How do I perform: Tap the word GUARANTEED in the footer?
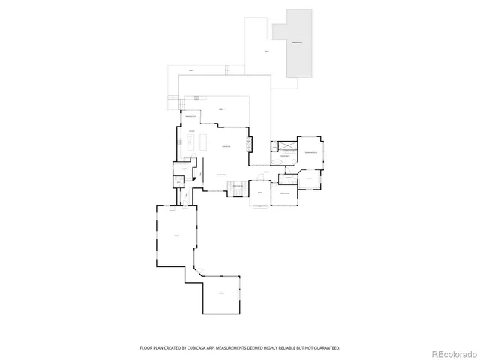click(325, 348)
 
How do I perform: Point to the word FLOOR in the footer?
click(147, 348)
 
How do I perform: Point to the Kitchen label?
click(192, 132)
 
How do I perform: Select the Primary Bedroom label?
click(310, 151)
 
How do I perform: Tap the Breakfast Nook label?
click(190, 117)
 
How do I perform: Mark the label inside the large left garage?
click(176, 235)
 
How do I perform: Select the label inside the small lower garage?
click(221, 292)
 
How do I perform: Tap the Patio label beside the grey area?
click(266, 52)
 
